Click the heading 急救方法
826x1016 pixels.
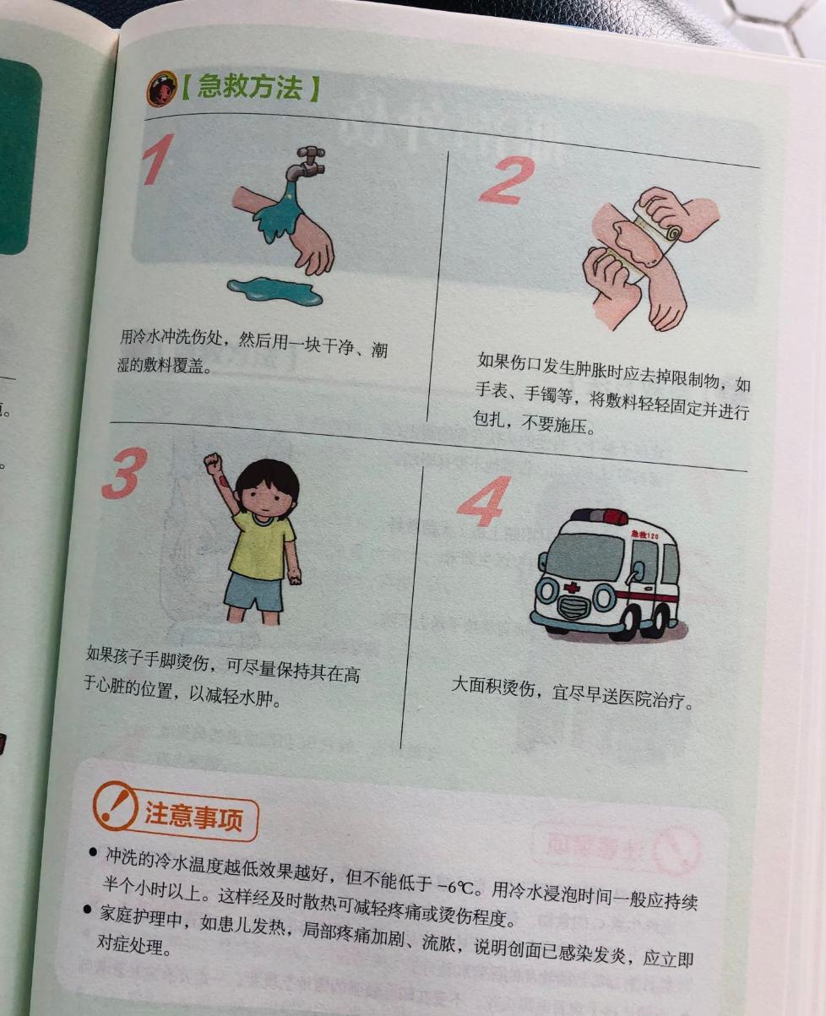point(249,88)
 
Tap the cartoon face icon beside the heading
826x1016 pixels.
point(161,89)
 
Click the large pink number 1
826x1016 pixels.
point(158,160)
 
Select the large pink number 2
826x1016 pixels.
point(507,180)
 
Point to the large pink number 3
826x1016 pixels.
point(124,473)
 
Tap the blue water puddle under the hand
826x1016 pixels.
point(275,291)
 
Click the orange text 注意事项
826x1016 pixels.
point(193,817)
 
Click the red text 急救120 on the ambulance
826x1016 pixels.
point(644,535)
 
